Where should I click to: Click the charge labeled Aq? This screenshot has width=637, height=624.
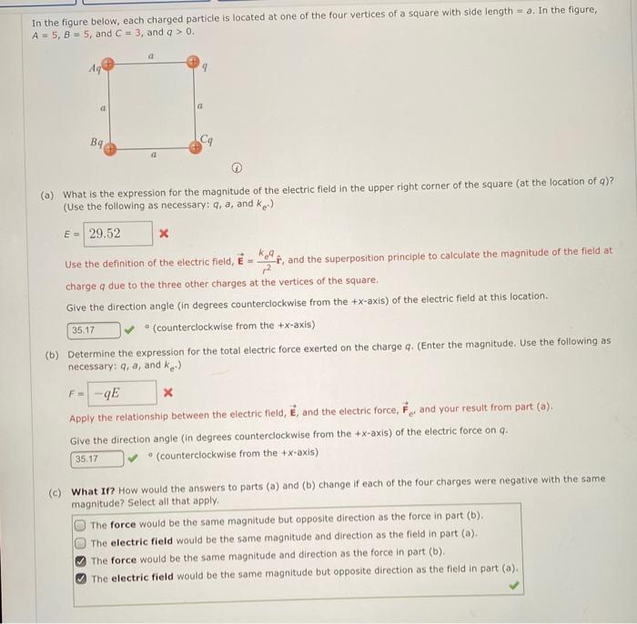[108, 65]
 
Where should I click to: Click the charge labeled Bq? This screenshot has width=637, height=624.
[110, 147]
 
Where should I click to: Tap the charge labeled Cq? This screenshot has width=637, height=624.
[195, 146]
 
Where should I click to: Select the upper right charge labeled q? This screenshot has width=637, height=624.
[193, 63]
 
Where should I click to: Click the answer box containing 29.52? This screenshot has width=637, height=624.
[117, 234]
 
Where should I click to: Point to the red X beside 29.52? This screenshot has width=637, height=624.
[164, 235]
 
